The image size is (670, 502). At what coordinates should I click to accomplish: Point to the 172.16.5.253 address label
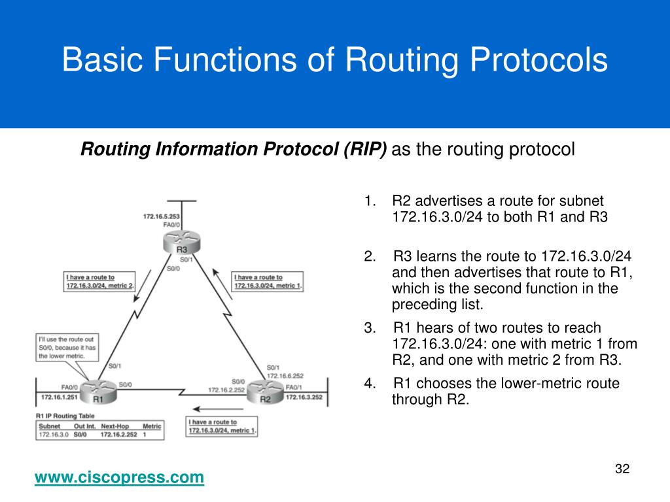pos(162,216)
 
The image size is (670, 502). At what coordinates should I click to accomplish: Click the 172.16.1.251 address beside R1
pos(58,397)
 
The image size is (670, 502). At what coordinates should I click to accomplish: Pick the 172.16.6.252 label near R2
pos(284,376)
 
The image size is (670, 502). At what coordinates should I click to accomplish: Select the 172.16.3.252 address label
pos(304,397)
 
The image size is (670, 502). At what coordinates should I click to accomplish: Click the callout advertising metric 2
pos(100,281)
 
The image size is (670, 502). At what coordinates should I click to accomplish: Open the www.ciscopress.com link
pos(119,478)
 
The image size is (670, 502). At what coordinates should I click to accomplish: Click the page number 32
pos(622,469)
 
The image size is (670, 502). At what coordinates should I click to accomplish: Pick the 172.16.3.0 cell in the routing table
pos(54,434)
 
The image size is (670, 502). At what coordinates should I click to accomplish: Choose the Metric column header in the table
pos(152,426)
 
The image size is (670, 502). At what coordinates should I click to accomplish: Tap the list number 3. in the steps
pos(370,327)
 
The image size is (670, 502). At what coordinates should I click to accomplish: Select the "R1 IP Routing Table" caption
pos(66,416)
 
